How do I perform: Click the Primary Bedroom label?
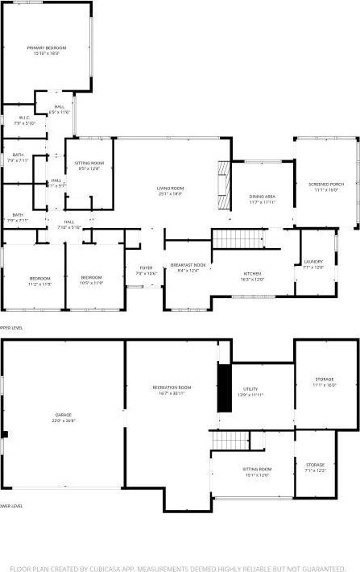[x=47, y=48]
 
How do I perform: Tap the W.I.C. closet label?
[x=24, y=118]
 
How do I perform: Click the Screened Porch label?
[x=326, y=184]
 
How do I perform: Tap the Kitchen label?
[x=253, y=274]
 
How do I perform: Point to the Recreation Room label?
[x=172, y=388]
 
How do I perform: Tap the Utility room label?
[x=251, y=389]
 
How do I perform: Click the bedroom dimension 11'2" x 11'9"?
[x=39, y=284]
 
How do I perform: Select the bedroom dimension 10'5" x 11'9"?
[x=91, y=284]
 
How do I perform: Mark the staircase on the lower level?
[x=230, y=441]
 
